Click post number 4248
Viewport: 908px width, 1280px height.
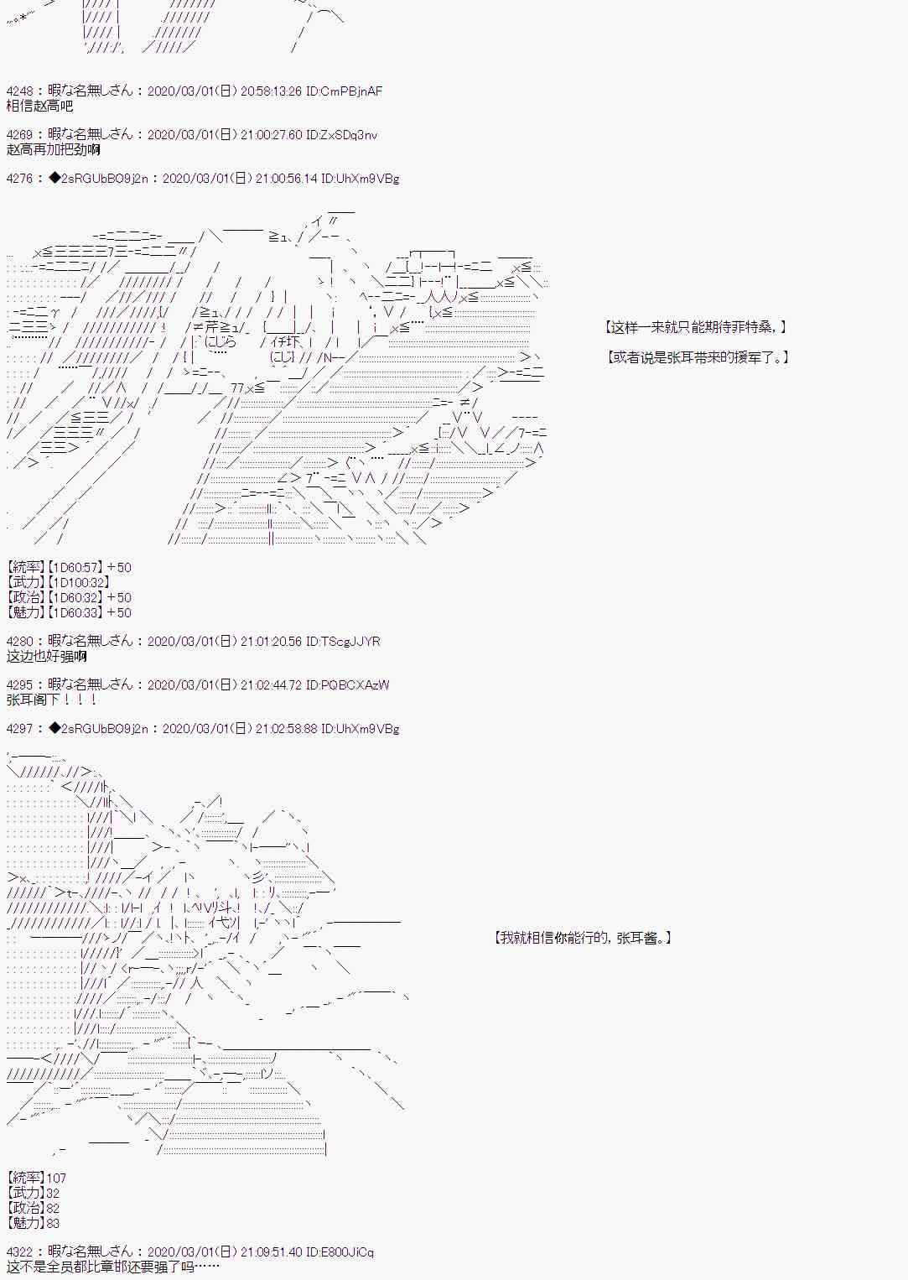tap(20, 91)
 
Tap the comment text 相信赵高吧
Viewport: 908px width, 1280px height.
tap(39, 106)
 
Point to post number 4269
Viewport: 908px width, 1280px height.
tap(20, 134)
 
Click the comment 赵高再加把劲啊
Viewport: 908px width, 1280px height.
tap(53, 149)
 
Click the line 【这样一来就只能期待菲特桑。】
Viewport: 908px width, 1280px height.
tap(696, 327)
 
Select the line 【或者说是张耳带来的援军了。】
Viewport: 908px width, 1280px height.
tap(698, 357)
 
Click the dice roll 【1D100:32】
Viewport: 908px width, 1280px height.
tap(77, 582)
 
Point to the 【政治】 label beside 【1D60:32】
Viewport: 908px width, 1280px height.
tap(24, 597)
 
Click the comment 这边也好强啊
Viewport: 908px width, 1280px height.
tap(46, 656)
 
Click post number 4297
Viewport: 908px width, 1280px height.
tap(20, 728)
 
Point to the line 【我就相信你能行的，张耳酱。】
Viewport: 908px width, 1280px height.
tap(583, 938)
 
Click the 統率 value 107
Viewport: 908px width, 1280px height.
tap(56, 1178)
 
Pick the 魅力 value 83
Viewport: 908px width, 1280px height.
tap(53, 1223)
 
